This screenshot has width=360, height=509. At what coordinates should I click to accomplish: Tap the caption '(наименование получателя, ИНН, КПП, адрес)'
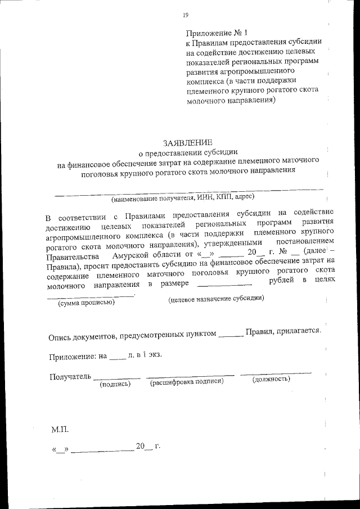182,197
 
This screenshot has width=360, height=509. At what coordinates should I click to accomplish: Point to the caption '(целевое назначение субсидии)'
216,299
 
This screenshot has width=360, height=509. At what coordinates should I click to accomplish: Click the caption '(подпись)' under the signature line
115,384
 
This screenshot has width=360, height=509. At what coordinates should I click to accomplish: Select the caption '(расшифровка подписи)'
187,381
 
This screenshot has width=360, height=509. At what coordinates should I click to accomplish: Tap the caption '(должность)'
271,379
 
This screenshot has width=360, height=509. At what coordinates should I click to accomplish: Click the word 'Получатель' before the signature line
69,376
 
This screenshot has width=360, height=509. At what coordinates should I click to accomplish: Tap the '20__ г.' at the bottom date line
148,447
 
